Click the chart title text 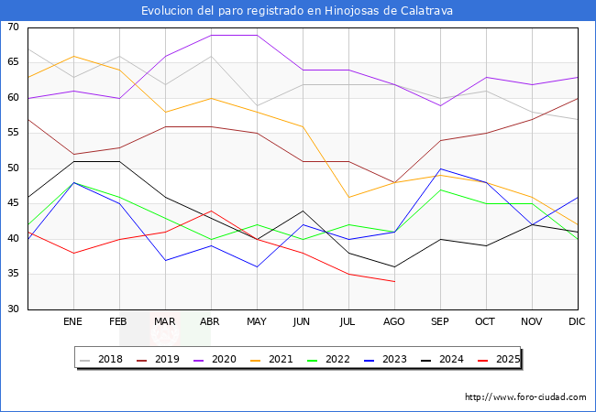(297, 11)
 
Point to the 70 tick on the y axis (13, 27)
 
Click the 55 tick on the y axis (13, 134)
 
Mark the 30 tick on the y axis (13, 309)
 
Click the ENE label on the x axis (73, 322)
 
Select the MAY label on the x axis (257, 322)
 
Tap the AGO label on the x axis (394, 322)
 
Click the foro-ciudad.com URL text (525, 397)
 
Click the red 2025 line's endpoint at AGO (394, 281)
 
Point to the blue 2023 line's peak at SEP (440, 168)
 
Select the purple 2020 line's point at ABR (211, 35)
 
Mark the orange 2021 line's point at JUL (348, 197)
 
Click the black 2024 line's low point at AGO (394, 267)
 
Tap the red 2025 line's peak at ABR (211, 211)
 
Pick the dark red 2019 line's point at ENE (73, 155)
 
